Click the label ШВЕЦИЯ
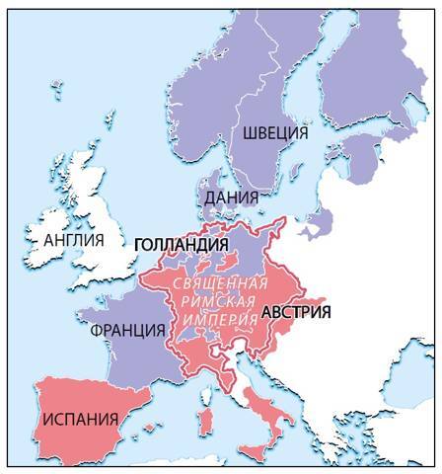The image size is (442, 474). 269,132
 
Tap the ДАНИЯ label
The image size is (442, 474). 232,197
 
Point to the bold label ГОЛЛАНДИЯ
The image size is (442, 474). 181,244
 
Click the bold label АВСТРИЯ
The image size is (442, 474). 296,312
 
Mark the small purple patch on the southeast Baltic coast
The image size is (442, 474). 317,221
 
